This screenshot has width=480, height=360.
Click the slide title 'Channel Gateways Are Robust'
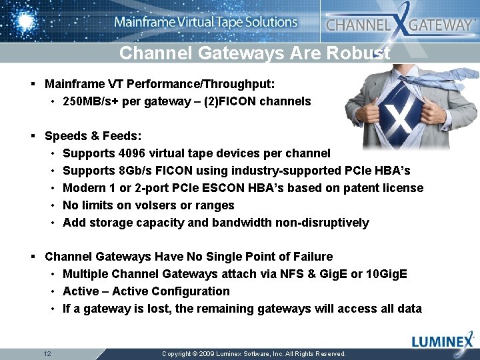click(x=254, y=53)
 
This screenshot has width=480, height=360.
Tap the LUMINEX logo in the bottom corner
click(x=443, y=342)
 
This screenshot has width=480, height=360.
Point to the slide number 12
click(x=47, y=353)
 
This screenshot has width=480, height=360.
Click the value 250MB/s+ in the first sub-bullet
click(x=92, y=102)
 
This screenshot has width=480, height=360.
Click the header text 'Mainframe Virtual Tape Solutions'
click(x=206, y=22)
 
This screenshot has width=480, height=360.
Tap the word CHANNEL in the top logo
click(x=357, y=25)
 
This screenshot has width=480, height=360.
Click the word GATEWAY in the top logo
click(x=440, y=25)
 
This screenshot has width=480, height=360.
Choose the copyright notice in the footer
click(x=254, y=353)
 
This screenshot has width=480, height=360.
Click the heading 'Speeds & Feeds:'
click(x=93, y=136)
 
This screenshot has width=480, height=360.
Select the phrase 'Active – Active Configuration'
click(x=146, y=291)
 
